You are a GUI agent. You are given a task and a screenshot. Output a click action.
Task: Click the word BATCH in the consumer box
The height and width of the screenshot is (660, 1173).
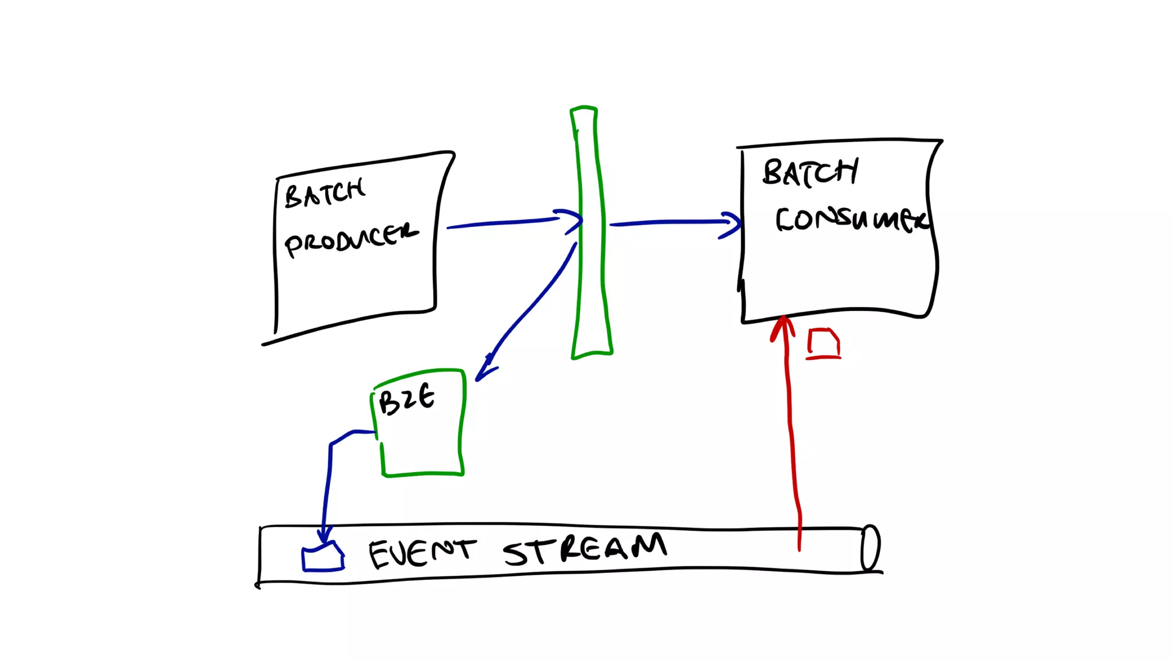810,172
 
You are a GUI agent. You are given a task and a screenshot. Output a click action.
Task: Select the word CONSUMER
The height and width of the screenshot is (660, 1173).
851,219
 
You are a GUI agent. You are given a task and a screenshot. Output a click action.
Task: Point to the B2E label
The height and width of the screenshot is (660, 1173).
407,399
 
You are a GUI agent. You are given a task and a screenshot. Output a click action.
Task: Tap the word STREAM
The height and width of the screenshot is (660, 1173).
584,549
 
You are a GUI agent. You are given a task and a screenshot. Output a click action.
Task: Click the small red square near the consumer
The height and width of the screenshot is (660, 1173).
824,343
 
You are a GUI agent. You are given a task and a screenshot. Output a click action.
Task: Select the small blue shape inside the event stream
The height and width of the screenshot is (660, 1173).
323,558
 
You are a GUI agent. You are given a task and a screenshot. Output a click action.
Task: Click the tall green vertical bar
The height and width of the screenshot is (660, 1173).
591,241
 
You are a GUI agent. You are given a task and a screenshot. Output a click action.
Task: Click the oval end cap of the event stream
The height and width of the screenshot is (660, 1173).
871,548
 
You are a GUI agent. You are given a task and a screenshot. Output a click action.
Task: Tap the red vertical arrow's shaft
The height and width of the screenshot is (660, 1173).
792,435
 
